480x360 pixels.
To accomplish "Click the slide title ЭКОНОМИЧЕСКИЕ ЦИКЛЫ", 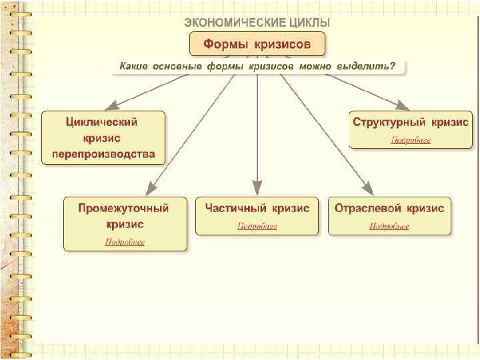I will coord(257,22).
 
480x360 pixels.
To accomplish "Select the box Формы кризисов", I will coord(257,45).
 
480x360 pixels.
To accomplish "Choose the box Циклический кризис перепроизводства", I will coord(103,138).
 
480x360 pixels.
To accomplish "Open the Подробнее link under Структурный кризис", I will coord(410,140).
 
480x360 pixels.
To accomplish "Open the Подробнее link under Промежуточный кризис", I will coord(125,241).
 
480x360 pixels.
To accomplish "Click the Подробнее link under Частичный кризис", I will coord(257,226).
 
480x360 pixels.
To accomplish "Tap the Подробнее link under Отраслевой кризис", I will coord(389,226).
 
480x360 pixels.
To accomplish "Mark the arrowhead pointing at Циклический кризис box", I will coord(113,105).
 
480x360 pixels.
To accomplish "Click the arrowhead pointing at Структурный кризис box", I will coord(402,105).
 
